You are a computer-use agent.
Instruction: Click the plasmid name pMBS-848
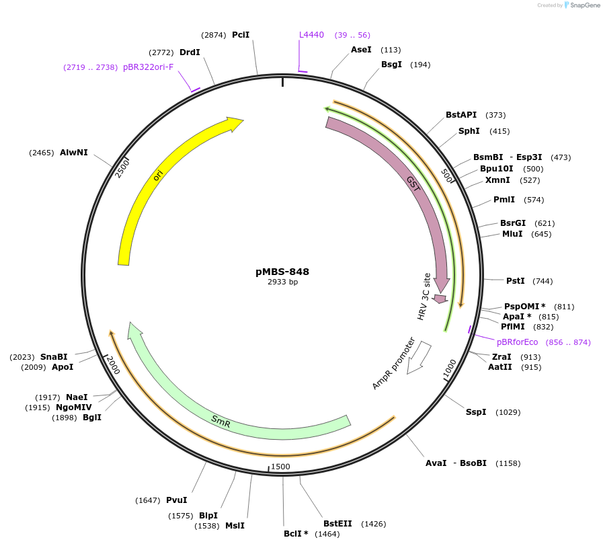pos(282,272)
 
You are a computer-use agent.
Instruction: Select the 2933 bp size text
pos(282,282)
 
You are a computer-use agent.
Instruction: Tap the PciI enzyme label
pos(241,35)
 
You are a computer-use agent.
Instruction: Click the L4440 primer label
pos(311,35)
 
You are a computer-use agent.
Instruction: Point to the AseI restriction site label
pos(361,50)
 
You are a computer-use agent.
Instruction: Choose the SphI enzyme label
pos(469,131)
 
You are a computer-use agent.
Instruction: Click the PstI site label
pos(515,280)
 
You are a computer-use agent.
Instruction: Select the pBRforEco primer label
pos(517,342)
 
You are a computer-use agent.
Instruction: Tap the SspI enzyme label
pos(476,412)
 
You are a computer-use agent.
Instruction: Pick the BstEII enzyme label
pos(337,523)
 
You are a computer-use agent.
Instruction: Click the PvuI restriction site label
pos(177,500)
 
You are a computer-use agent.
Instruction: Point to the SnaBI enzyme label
pos(54,357)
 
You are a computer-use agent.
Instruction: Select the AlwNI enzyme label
pos(74,153)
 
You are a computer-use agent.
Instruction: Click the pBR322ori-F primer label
pos(148,67)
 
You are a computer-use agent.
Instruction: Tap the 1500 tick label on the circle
pos(280,467)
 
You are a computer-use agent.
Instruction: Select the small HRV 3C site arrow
pos(440,299)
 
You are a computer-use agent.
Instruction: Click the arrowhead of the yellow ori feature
pos(235,124)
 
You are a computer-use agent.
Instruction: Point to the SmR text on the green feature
pos(220,422)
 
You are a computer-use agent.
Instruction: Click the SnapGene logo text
pos(582,5)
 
